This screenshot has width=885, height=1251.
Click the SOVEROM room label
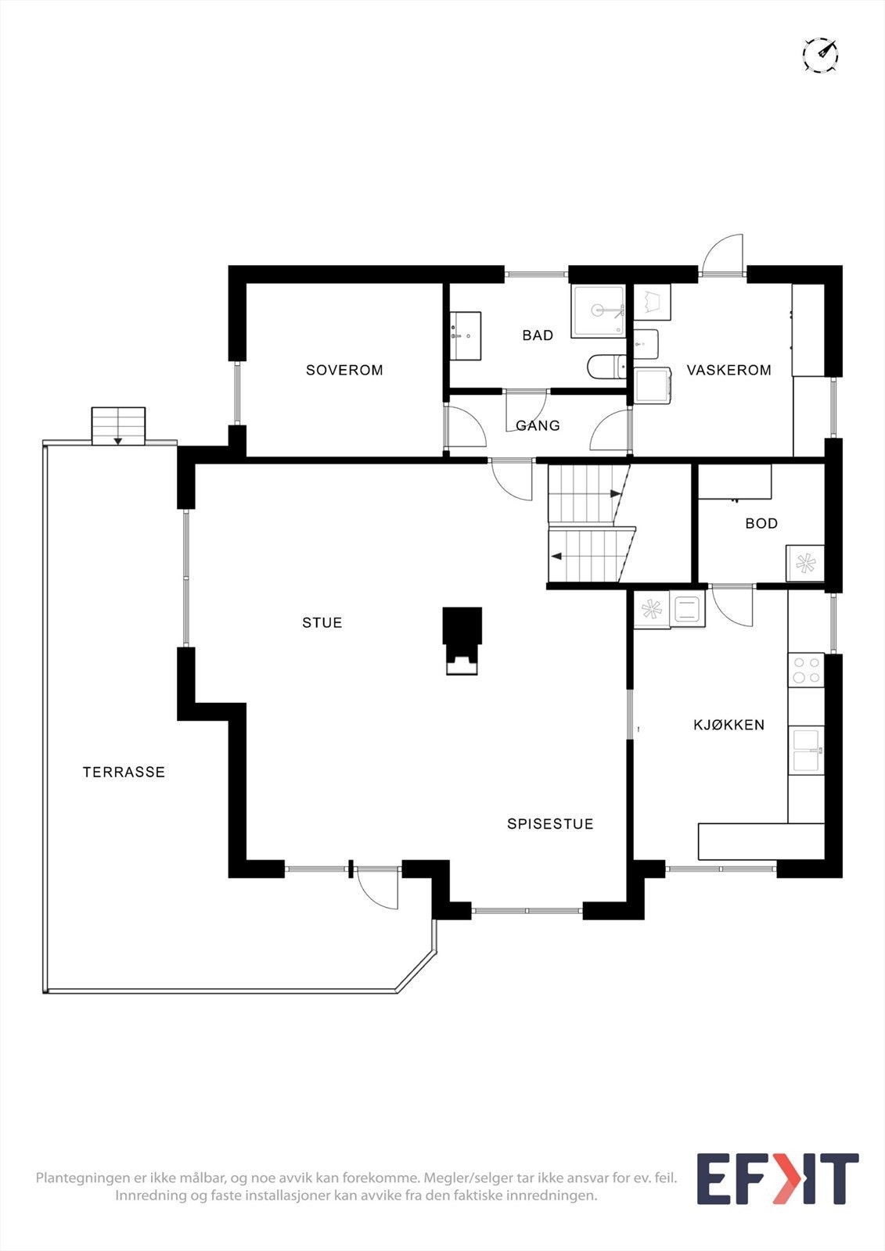tap(344, 370)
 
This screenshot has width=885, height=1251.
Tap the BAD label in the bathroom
tap(538, 335)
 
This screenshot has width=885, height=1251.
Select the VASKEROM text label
tap(729, 370)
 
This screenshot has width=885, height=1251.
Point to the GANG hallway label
tap(538, 425)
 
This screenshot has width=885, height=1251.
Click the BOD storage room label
tap(761, 523)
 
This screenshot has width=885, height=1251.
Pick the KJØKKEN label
tap(729, 725)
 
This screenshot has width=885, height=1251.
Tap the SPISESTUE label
tap(550, 823)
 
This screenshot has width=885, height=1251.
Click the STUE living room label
tap(322, 622)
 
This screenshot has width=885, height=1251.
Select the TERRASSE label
tap(124, 772)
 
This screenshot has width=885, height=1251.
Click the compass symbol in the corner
tap(820, 55)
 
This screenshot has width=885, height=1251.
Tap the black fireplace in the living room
tap(462, 640)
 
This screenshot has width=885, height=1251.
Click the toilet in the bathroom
tap(606, 366)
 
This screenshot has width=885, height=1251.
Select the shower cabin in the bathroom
tap(599, 310)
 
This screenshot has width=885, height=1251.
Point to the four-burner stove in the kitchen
tap(806, 669)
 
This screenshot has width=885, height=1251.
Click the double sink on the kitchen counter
tap(806, 751)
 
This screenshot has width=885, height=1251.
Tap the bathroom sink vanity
tap(466, 336)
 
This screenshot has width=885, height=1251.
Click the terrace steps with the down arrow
tap(118, 426)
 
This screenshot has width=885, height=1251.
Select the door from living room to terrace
tap(377, 887)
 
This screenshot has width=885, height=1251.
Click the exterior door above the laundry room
tap(723, 256)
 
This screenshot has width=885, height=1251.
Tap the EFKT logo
tap(777, 1178)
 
